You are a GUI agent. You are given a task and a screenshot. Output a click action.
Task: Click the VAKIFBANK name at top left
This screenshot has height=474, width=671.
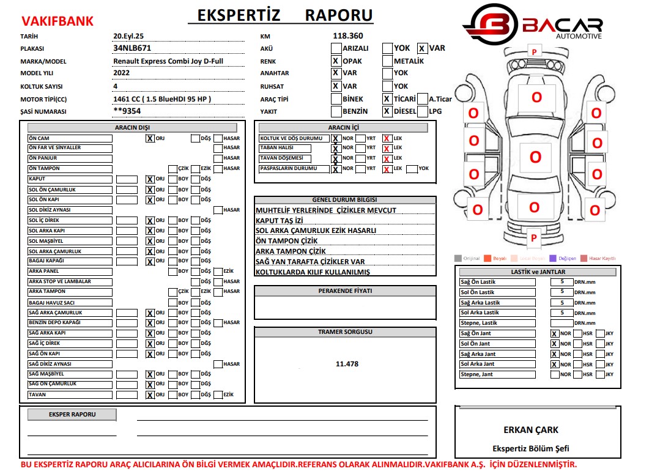pos(57,21)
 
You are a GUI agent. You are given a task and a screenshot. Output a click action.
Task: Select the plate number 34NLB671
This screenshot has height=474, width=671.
pos(132,48)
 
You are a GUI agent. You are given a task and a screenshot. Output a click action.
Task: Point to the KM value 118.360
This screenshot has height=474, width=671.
pos(348,36)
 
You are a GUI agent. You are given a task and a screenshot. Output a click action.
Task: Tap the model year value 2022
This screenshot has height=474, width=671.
pos(122,73)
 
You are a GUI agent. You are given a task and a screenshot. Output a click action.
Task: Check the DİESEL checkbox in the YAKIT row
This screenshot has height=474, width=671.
pos(387,111)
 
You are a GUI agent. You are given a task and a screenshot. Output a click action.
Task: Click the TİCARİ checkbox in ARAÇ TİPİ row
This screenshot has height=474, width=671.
pos(387,98)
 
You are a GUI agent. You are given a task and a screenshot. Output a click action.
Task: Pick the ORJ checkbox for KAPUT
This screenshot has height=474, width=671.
pos(150,179)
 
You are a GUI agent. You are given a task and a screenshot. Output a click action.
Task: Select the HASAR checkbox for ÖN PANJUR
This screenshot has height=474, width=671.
pos(218,158)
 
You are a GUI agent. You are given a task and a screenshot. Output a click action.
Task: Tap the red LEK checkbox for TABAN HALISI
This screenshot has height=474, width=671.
pos(387,149)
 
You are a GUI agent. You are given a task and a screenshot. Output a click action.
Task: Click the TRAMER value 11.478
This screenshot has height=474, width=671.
pos(347,364)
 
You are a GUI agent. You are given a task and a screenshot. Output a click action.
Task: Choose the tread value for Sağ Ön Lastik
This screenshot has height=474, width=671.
pos(562,282)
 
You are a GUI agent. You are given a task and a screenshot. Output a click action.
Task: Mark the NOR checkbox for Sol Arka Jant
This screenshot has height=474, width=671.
pos(554,364)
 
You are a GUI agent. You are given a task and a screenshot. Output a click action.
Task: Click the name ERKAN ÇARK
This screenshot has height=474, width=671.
pos(530,430)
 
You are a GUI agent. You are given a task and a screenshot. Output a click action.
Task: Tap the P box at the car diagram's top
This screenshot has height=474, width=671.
pos(534,52)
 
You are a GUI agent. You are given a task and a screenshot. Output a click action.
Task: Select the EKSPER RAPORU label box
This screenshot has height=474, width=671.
pos(72,415)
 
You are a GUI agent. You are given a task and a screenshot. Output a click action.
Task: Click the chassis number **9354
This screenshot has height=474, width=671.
pos(128,111)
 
